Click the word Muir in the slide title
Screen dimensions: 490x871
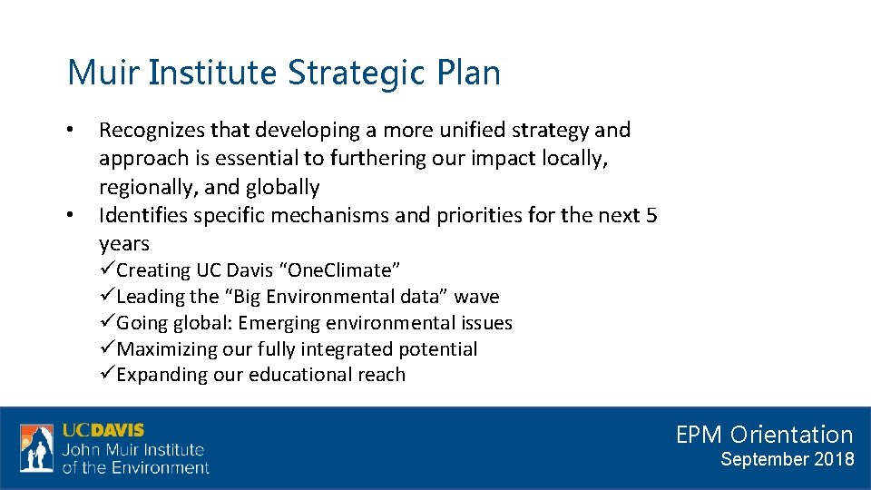click(x=103, y=73)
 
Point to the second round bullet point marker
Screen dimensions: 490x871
click(x=71, y=216)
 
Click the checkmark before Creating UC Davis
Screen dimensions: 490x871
click(x=107, y=270)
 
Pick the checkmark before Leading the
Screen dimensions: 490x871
click(x=107, y=297)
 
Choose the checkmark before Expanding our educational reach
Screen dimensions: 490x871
click(x=107, y=375)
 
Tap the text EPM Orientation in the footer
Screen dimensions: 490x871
click(x=764, y=435)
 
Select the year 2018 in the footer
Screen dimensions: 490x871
click(x=835, y=459)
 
